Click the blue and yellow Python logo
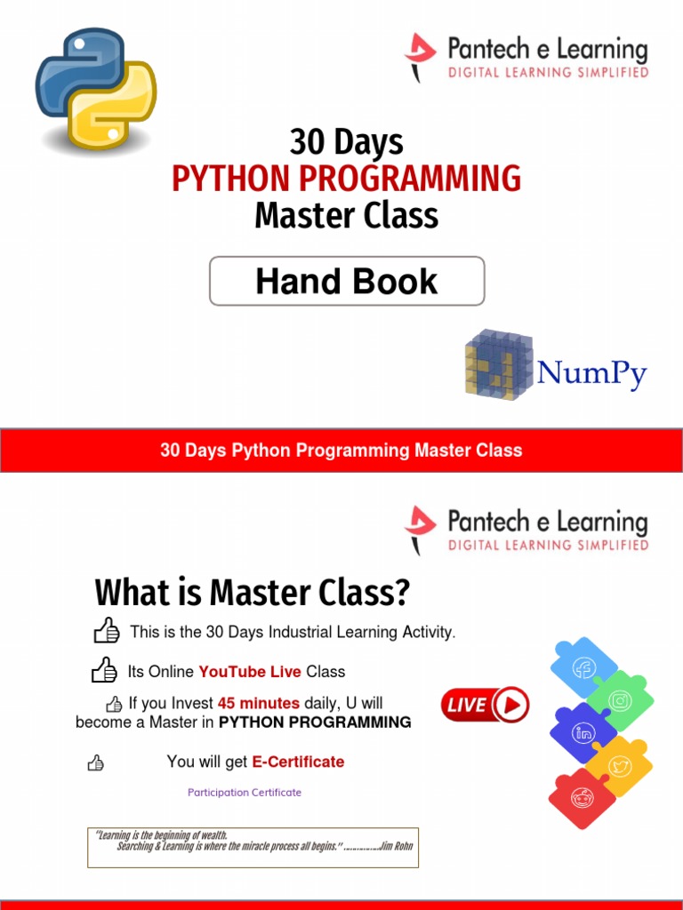coord(96,90)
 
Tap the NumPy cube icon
coord(497,364)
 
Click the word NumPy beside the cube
coord(591,373)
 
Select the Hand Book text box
coord(347,282)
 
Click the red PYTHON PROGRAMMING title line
coord(347,179)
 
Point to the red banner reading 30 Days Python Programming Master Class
coord(341,450)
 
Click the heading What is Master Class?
coord(252,592)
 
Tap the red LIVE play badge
coord(486,706)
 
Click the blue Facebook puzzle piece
coord(583,667)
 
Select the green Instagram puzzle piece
coord(620,700)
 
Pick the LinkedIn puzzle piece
coord(583,733)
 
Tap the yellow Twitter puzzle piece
coord(620,765)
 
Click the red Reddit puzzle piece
coord(583,798)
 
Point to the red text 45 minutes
coord(258,703)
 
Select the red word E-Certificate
coord(298,762)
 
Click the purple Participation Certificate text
coord(245,793)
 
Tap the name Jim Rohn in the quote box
coord(397,846)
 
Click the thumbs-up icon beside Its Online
coord(105,670)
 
